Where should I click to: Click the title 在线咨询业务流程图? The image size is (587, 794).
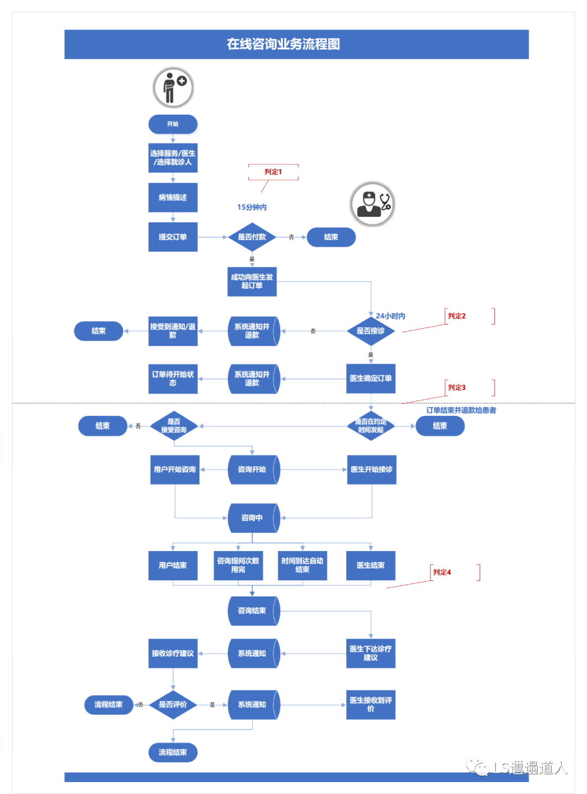pyautogui.click(x=283, y=44)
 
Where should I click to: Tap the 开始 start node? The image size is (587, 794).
pyautogui.click(x=173, y=124)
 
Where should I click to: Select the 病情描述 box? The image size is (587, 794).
pyautogui.click(x=173, y=197)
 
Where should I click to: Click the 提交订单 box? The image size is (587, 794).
pyautogui.click(x=173, y=237)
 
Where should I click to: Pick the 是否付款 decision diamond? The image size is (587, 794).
pyautogui.click(x=252, y=237)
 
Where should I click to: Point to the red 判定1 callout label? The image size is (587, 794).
pyautogui.click(x=273, y=172)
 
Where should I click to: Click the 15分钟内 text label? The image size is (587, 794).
pyautogui.click(x=252, y=207)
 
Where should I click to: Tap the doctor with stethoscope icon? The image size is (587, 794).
pyautogui.click(x=372, y=204)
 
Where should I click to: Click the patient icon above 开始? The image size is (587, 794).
pyautogui.click(x=173, y=87)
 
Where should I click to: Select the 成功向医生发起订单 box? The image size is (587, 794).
pyautogui.click(x=252, y=282)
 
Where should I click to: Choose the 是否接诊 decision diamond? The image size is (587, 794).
pyautogui.click(x=371, y=330)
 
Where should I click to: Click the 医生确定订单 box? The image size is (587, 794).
pyautogui.click(x=371, y=378)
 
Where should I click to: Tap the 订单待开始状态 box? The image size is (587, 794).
pyautogui.click(x=173, y=379)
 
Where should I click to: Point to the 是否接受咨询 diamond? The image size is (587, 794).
pyautogui.click(x=173, y=426)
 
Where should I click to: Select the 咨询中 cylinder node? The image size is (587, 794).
pyautogui.click(x=253, y=518)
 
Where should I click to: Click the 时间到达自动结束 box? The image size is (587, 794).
pyautogui.click(x=302, y=565)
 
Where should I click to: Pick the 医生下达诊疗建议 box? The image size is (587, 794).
pyautogui.click(x=371, y=653)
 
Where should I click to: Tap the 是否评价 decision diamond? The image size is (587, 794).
pyautogui.click(x=173, y=704)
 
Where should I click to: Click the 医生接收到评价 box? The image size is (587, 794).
pyautogui.click(x=371, y=704)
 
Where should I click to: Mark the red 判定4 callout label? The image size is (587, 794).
pyautogui.click(x=442, y=572)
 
